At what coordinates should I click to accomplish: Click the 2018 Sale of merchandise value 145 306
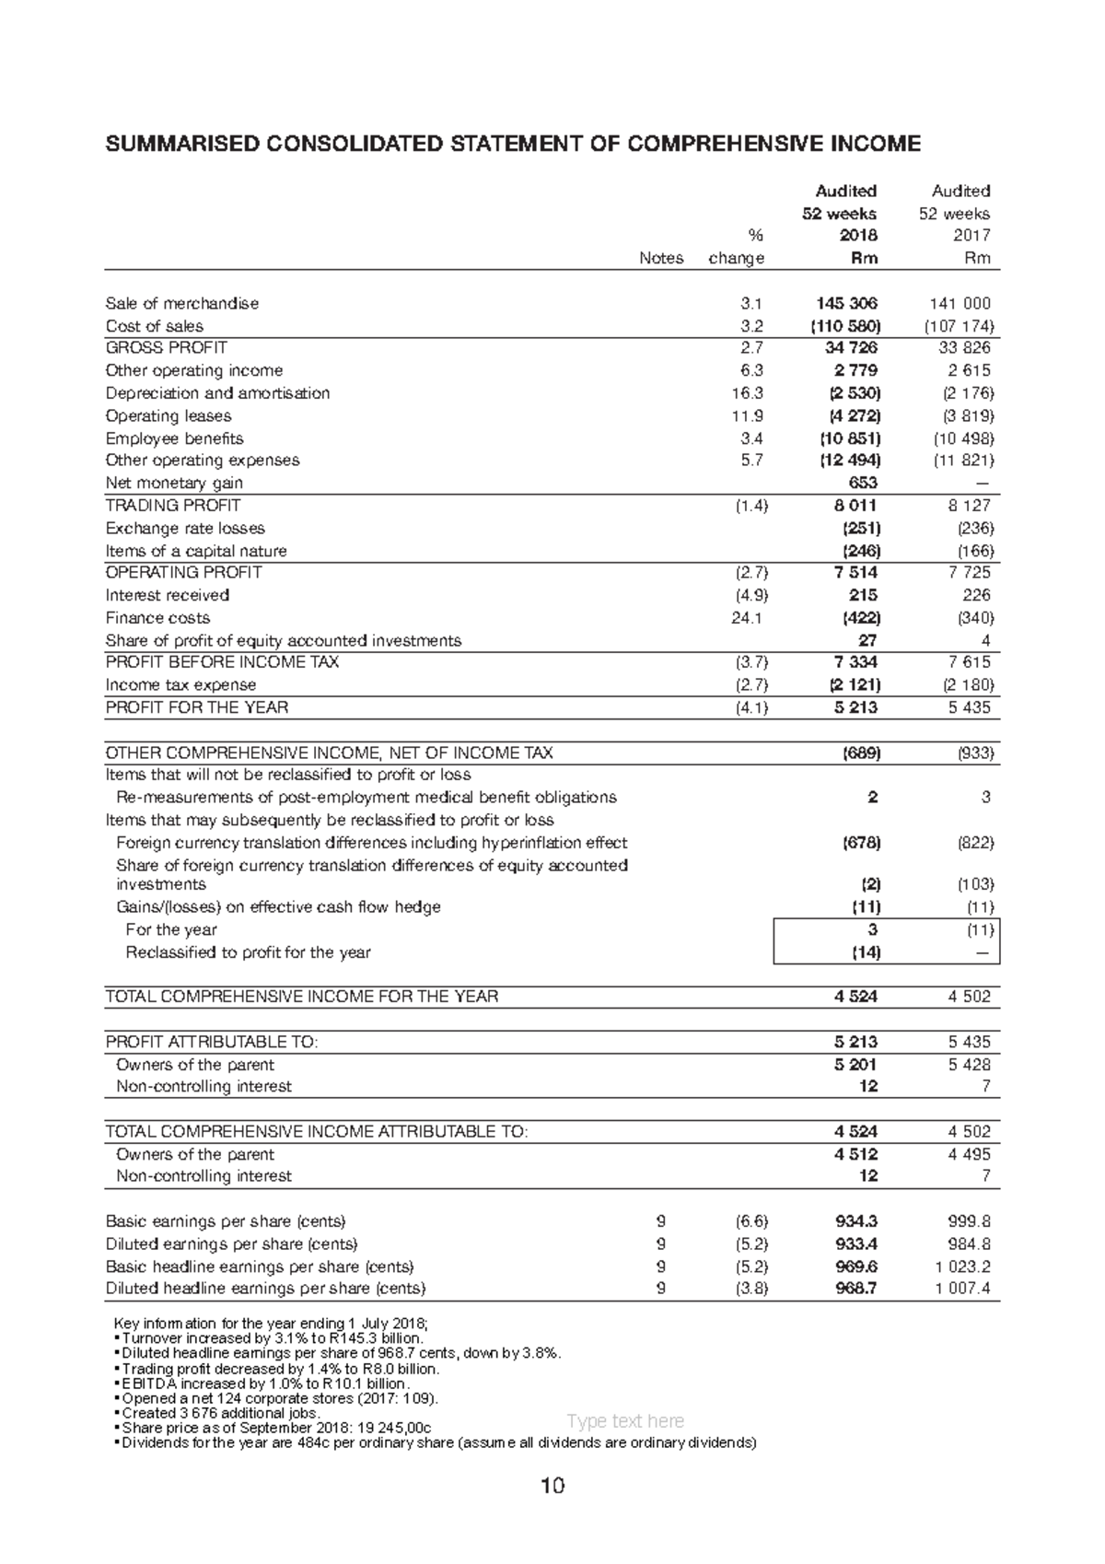click(846, 303)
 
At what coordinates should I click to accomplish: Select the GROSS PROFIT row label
click(166, 347)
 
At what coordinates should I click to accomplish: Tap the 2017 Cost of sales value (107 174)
click(959, 326)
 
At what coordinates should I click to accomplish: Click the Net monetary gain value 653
click(862, 483)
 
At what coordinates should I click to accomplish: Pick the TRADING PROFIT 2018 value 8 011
click(856, 506)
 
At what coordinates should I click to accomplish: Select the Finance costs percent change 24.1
click(747, 618)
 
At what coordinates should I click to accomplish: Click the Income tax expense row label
click(180, 685)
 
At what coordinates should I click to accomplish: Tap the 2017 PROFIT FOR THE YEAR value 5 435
click(969, 707)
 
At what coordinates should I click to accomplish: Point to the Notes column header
click(661, 259)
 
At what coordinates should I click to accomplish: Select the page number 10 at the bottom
click(552, 1487)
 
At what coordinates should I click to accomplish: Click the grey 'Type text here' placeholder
click(625, 1421)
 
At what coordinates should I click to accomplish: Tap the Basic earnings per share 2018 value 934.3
click(855, 1221)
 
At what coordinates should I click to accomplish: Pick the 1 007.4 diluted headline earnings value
click(962, 1289)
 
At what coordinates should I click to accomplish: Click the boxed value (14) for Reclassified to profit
click(866, 952)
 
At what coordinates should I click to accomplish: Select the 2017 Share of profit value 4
click(985, 640)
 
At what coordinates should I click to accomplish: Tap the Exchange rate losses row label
click(185, 529)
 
